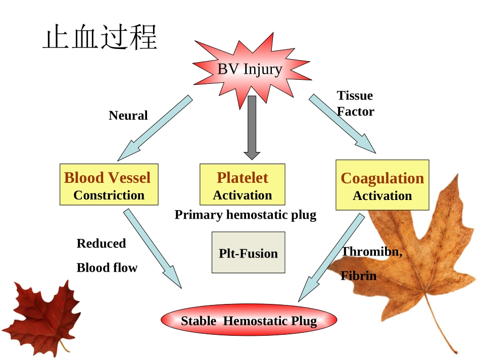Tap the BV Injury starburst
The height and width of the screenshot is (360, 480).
[x=250, y=69]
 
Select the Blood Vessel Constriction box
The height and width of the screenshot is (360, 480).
[x=109, y=184]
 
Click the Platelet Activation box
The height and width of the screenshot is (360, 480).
[x=243, y=184]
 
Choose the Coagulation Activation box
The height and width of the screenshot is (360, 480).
[x=382, y=185]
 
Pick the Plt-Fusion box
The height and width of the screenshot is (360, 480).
[x=248, y=252]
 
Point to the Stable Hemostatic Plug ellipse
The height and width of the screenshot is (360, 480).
[x=249, y=321]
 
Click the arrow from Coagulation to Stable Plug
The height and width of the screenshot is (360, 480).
[x=331, y=258]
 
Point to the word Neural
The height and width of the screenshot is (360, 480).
[x=128, y=116]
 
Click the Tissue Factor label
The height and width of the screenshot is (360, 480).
[x=355, y=104]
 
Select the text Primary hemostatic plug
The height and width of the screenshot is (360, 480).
[x=245, y=215]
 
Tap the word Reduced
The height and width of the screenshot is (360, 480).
[x=101, y=243]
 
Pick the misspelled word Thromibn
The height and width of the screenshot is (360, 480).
[x=372, y=251]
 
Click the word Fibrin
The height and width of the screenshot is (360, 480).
[x=359, y=276]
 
